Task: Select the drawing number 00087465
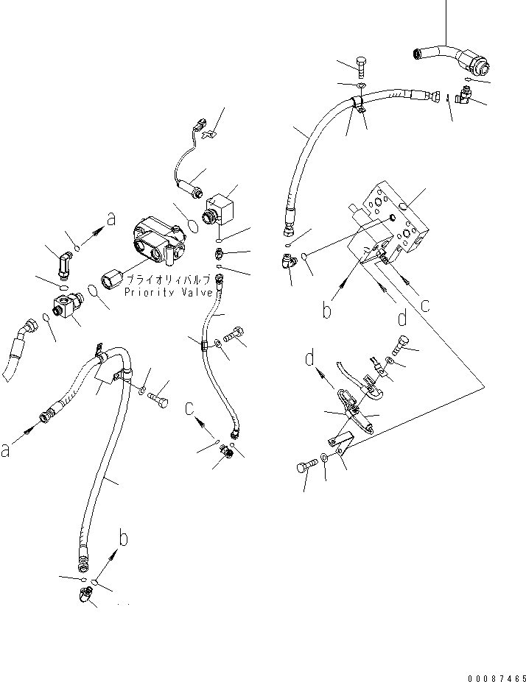488,670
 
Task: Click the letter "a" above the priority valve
111,218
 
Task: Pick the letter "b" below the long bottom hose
124,538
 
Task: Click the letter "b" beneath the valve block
327,310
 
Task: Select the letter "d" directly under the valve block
402,319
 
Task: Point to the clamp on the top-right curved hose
359,106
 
